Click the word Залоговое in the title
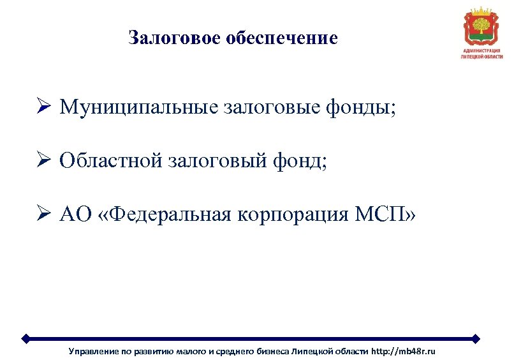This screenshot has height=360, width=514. pos(165,38)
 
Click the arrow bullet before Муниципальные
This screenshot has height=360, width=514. pos(43,107)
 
